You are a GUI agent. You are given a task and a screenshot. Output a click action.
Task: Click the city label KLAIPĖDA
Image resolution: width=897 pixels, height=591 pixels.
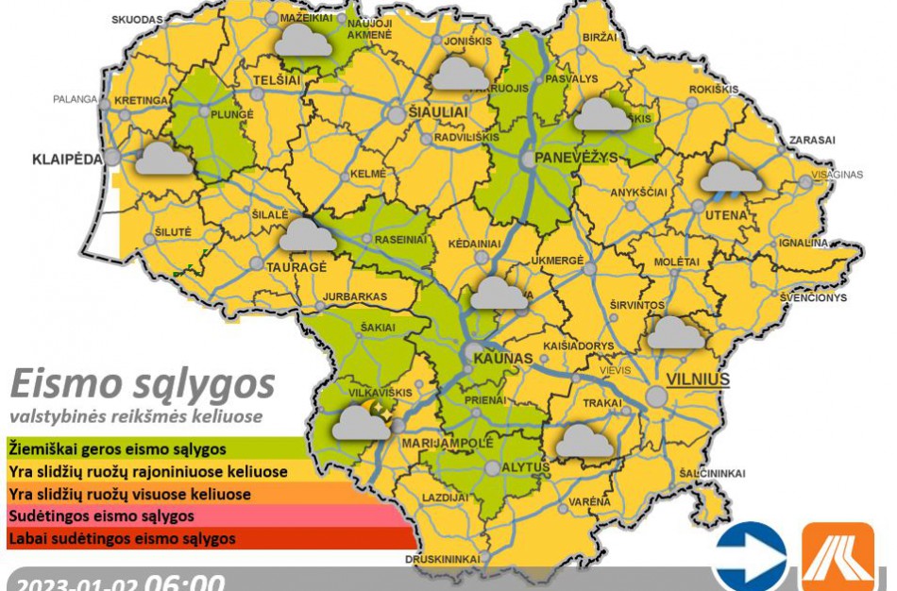coord(66,159)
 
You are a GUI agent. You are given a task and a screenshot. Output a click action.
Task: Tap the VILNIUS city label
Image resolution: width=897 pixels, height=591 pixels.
coord(698,380)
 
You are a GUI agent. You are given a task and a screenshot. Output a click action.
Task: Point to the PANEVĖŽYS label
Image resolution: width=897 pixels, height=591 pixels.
coord(575,157)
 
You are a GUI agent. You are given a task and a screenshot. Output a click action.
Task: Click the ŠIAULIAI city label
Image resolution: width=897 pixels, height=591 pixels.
coord(440,111)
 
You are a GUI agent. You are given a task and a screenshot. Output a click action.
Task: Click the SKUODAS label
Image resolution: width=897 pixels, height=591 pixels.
coord(137,19)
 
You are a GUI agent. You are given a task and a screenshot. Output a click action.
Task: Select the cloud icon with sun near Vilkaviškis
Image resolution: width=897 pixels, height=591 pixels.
coord(360,421)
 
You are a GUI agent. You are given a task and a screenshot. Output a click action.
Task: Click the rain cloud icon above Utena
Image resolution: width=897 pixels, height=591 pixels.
coord(731,177)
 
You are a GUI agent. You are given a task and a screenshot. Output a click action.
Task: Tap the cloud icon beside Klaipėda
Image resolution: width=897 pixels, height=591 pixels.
coord(162,158)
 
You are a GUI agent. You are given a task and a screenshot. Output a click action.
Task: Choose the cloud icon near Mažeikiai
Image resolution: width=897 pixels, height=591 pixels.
coord(302,39)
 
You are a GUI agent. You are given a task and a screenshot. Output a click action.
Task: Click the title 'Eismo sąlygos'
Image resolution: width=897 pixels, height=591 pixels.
coord(142,385)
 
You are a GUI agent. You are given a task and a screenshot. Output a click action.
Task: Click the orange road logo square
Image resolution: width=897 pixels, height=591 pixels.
coord(838,557)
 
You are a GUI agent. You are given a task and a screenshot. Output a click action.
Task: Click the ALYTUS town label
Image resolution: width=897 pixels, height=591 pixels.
coord(528,466)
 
